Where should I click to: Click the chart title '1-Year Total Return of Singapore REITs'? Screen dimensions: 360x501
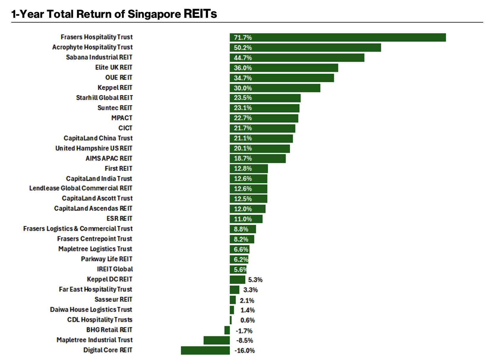click(114, 14)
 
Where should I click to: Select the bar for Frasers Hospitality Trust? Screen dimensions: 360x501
click(338, 37)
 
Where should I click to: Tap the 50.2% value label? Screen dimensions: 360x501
click(243, 48)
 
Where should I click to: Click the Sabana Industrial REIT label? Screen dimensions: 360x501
click(99, 57)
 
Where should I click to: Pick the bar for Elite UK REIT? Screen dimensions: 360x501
click(284, 68)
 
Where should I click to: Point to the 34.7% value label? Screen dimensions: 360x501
click(243, 78)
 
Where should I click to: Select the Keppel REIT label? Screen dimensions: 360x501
click(115, 88)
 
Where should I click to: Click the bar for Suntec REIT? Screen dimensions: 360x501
click(264, 108)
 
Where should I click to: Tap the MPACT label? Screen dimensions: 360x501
click(122, 118)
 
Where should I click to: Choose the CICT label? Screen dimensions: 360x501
click(125, 128)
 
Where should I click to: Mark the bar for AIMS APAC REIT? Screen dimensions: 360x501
click(258, 159)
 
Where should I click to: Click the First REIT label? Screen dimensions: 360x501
click(118, 168)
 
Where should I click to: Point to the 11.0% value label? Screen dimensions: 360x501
click(243, 219)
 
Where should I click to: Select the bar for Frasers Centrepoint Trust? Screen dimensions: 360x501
click(242, 239)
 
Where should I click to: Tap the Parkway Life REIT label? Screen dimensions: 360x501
click(106, 259)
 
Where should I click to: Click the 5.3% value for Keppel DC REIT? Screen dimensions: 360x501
click(255, 280)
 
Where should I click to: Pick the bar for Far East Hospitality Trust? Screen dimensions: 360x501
click(234, 290)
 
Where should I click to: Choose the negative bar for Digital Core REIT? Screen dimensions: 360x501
click(205, 350)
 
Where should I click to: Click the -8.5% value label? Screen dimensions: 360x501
click(245, 340)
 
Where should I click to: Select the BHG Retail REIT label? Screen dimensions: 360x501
click(109, 330)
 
